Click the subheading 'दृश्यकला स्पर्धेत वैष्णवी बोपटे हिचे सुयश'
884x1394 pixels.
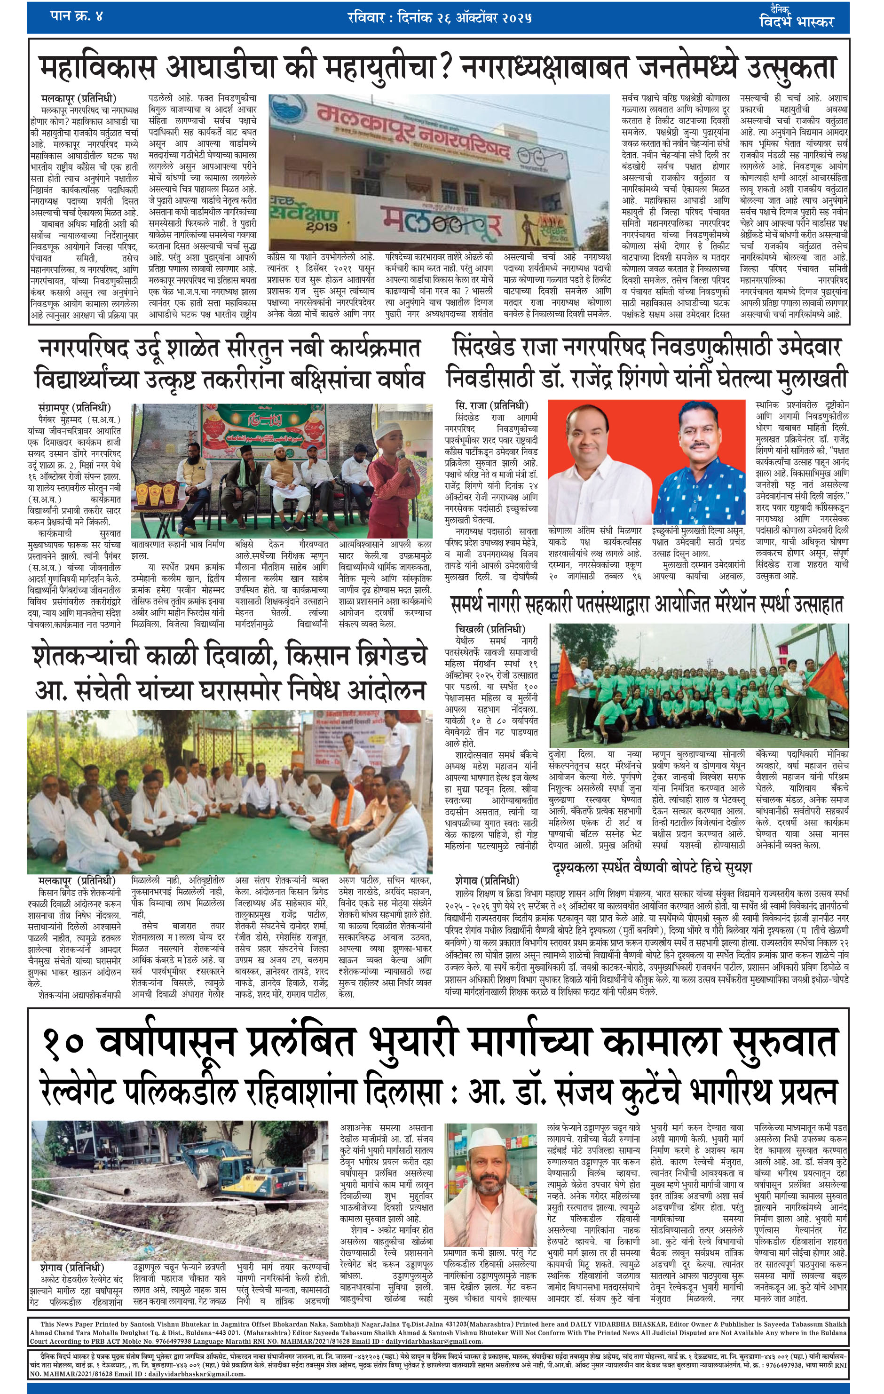(x=652, y=867)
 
